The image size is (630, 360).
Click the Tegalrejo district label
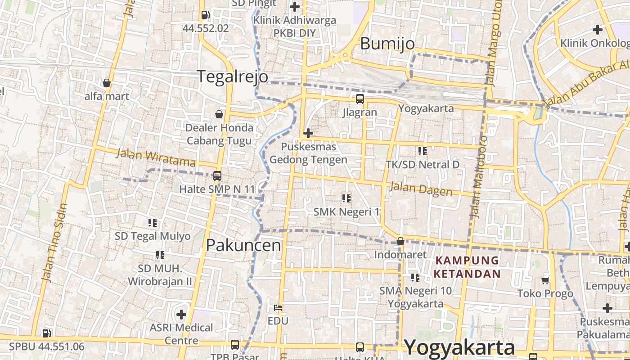(x=233, y=76)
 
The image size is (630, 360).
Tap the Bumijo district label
(x=387, y=44)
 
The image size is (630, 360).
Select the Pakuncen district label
(x=243, y=245)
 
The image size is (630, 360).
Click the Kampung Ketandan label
(x=468, y=267)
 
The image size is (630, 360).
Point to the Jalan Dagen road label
(x=421, y=189)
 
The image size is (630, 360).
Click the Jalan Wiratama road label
(x=156, y=157)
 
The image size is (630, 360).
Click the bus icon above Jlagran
(x=360, y=99)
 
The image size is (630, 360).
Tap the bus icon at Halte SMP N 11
(x=217, y=176)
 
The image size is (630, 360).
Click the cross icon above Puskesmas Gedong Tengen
(x=308, y=133)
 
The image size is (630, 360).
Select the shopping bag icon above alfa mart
(x=107, y=83)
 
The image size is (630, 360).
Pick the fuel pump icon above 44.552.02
(x=205, y=15)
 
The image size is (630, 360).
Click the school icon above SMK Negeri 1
(x=346, y=198)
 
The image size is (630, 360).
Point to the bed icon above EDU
(x=278, y=308)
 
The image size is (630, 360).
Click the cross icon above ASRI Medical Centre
(x=181, y=314)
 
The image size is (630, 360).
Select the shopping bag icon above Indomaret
(x=400, y=242)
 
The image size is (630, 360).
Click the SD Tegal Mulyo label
(x=153, y=236)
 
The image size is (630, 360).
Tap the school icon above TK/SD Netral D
(x=422, y=151)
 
